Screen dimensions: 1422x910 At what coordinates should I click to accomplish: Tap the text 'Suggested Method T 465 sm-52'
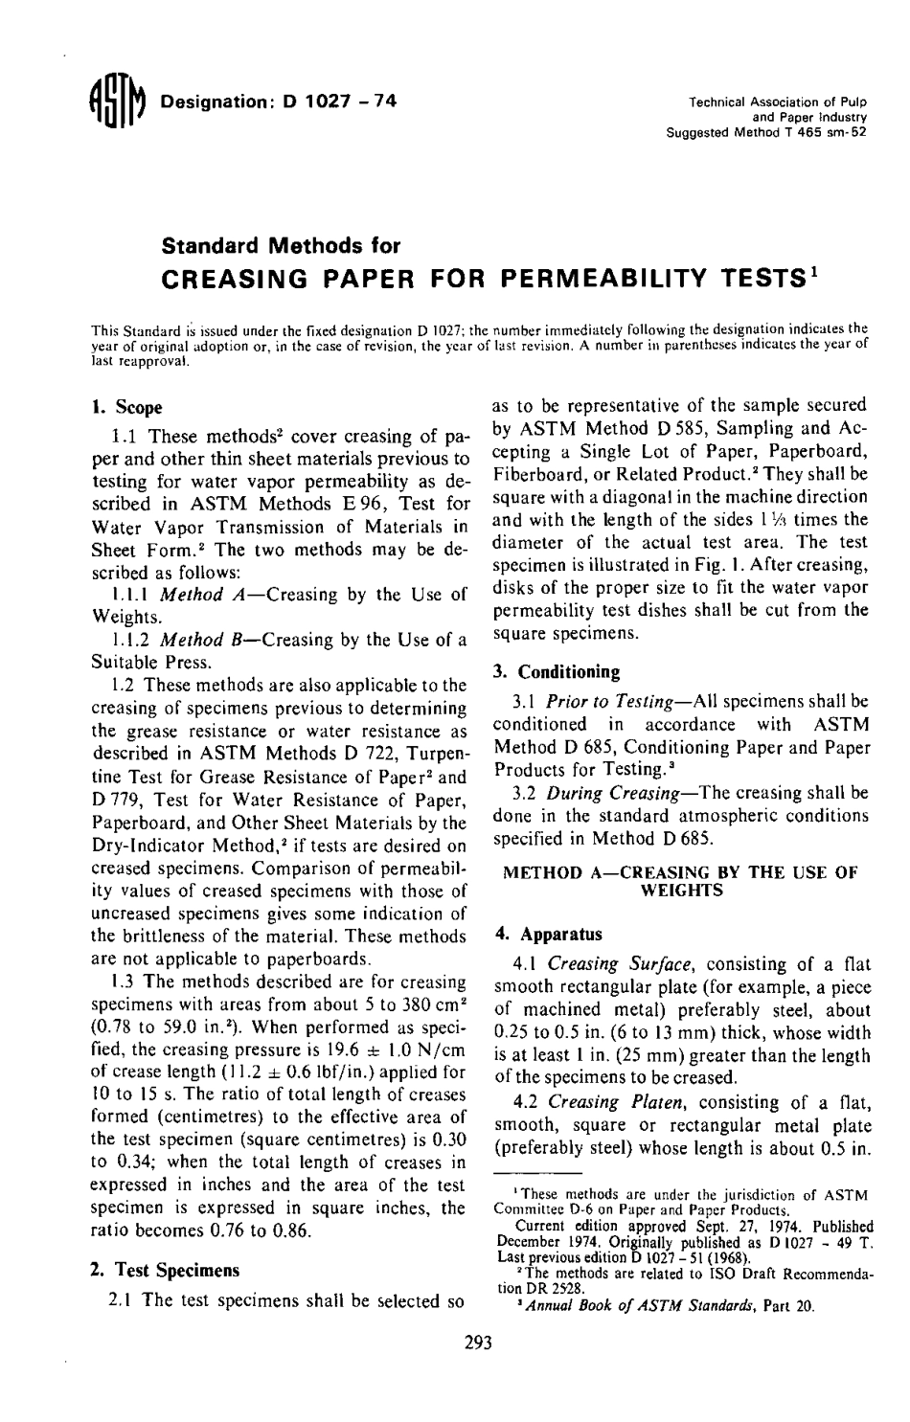tap(765, 132)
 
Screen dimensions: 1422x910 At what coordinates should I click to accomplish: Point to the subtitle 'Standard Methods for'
tap(267, 245)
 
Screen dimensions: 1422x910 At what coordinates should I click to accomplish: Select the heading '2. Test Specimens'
tap(164, 1271)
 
